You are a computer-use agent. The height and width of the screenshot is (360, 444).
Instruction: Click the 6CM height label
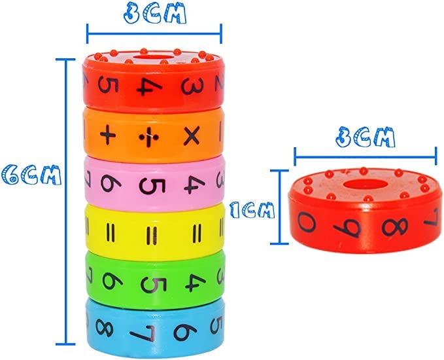(x=31, y=175)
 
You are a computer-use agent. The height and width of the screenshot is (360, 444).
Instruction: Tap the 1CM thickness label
(x=252, y=210)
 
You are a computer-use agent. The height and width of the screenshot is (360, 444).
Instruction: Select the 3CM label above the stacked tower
(x=155, y=13)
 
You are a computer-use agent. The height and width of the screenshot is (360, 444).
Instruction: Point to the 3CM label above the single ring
(x=366, y=137)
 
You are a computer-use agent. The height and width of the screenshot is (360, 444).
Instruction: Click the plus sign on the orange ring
(x=108, y=135)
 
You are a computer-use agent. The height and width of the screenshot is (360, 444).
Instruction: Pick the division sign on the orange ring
(x=149, y=137)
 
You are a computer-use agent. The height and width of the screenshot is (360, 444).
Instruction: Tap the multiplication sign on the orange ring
(x=192, y=136)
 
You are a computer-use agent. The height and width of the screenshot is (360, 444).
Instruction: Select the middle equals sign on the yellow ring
(x=152, y=236)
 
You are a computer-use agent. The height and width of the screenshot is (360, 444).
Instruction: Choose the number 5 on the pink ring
(x=152, y=187)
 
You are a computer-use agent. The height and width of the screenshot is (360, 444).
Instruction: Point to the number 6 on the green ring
(x=112, y=281)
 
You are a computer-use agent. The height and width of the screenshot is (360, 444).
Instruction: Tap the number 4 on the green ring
(x=196, y=283)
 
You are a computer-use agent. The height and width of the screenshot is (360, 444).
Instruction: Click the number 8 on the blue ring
(x=105, y=328)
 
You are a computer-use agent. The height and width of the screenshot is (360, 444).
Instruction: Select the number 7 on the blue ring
(x=143, y=333)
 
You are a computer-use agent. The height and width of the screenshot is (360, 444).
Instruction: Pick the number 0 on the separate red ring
(x=307, y=222)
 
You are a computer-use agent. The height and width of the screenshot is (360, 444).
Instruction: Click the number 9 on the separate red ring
(x=347, y=228)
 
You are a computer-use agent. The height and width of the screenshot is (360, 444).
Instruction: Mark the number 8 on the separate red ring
(x=395, y=226)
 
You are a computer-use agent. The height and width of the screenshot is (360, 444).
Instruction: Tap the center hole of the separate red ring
(x=366, y=184)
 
